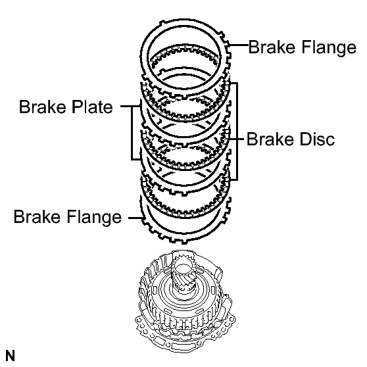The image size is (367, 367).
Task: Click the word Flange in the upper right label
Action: point(329,48)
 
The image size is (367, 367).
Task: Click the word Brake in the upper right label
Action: point(273,47)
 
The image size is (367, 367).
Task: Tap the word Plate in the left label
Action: point(92,107)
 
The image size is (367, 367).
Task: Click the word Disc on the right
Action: point(317,139)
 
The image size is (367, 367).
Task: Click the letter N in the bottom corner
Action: point(10,356)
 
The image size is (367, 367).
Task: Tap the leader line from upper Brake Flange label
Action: point(238,45)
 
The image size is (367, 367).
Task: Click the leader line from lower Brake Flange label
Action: point(135,218)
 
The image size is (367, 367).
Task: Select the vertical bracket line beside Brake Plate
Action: point(132,133)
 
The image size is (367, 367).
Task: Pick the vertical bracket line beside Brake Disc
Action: point(237,132)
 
